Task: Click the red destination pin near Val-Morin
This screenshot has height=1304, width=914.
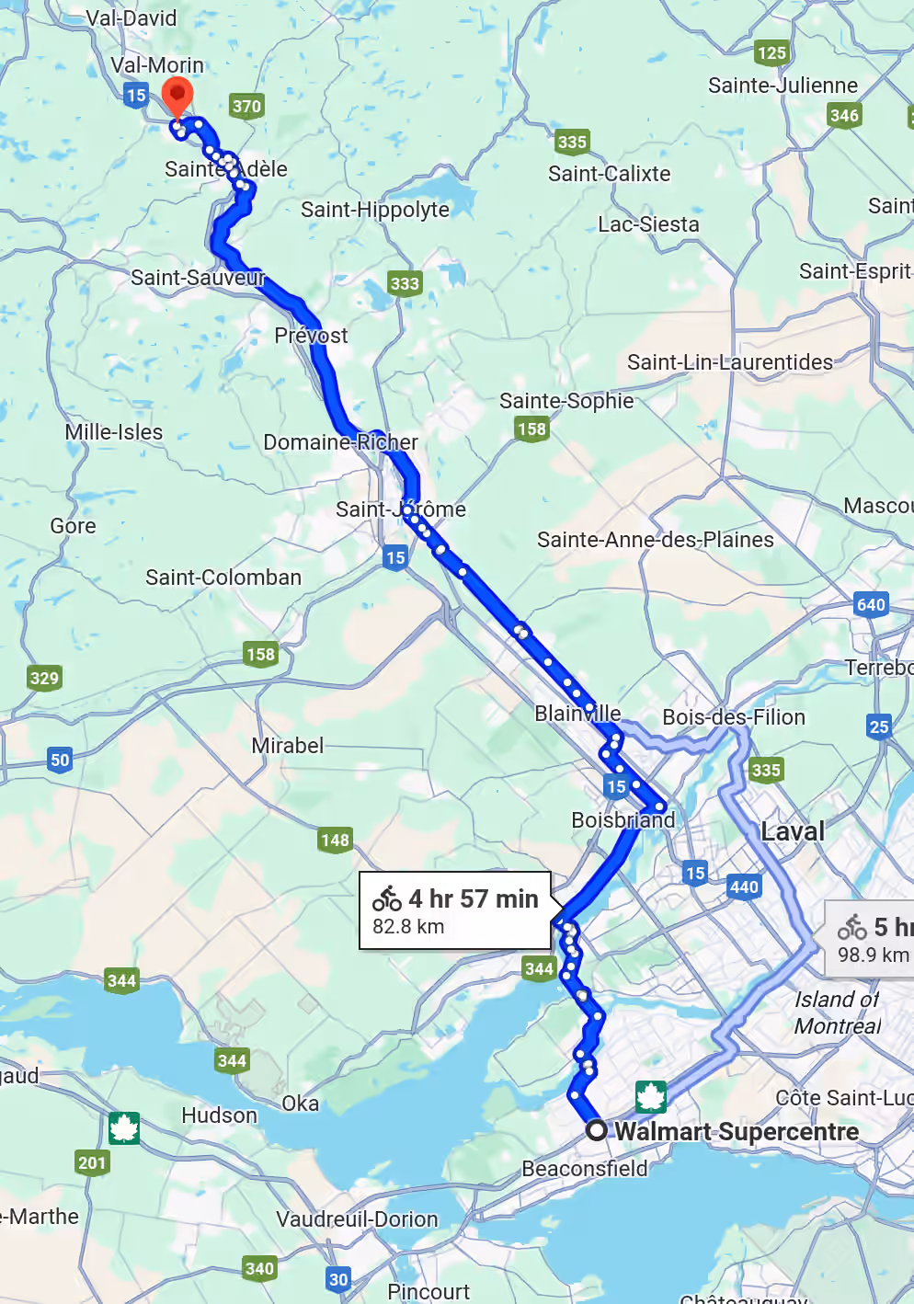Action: pos(177,97)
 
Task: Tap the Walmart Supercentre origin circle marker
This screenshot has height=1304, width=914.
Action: pos(597,1130)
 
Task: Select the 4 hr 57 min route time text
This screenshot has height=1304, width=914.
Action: pos(473,898)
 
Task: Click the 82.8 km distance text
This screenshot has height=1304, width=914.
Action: pos(408,927)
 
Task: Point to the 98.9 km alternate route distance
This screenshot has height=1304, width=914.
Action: pos(873,955)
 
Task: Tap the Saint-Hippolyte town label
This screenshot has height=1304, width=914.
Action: pos(375,210)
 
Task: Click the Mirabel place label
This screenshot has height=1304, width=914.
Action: pos(288,746)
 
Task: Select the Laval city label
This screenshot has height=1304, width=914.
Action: pos(793,831)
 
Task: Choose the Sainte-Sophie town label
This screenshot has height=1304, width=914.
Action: pos(566,401)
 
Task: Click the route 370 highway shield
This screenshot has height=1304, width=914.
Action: pos(246,106)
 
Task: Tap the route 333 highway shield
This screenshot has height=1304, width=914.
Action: pos(404,283)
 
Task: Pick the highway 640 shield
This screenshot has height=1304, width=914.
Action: pos(871,604)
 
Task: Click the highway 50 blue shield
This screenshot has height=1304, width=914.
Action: pos(60,760)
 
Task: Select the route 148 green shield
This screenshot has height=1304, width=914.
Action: pos(335,840)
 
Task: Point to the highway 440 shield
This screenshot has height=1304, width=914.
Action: pos(744,886)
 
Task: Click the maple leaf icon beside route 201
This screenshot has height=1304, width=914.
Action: pos(124,1127)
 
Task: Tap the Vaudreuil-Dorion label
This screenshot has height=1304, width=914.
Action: pos(357,1219)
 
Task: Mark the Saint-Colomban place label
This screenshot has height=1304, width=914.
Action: pos(223,578)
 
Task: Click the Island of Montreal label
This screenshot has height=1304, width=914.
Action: pos(837,1012)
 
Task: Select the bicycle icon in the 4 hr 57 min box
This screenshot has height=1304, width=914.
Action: pos(387,898)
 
